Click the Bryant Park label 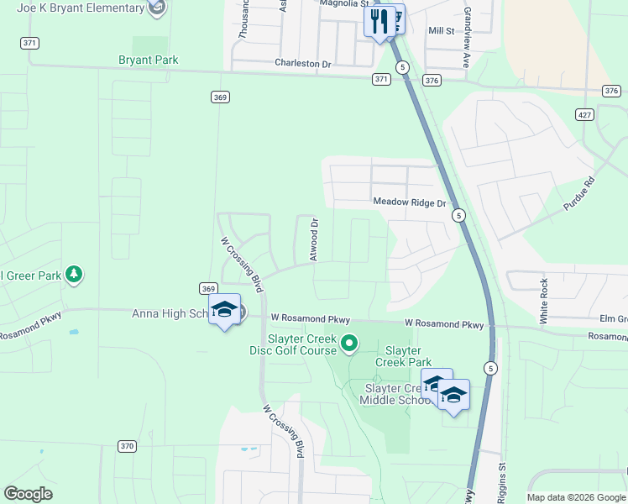[x=148, y=60]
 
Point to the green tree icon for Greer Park [x=74, y=275]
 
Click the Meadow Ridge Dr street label [x=409, y=202]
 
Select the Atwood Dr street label [x=315, y=240]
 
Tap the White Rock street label [x=544, y=301]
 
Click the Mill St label [x=441, y=30]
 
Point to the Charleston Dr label [x=303, y=63]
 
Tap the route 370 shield [x=127, y=446]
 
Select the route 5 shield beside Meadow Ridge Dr [x=458, y=216]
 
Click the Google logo [x=28, y=493]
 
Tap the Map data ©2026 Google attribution [x=575, y=497]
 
